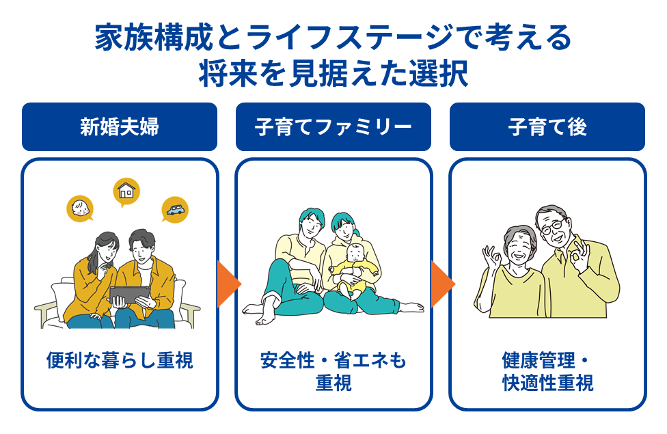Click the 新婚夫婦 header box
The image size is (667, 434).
(x=120, y=127)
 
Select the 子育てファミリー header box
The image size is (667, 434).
(x=333, y=127)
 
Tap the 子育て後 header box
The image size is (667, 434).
(x=547, y=127)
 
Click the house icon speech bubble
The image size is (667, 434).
(x=126, y=191)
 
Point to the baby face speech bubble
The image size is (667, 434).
(x=81, y=208)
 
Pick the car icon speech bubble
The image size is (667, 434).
(x=175, y=209)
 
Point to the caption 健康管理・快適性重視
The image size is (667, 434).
(x=547, y=370)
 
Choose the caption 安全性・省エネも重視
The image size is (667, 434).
(x=333, y=370)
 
